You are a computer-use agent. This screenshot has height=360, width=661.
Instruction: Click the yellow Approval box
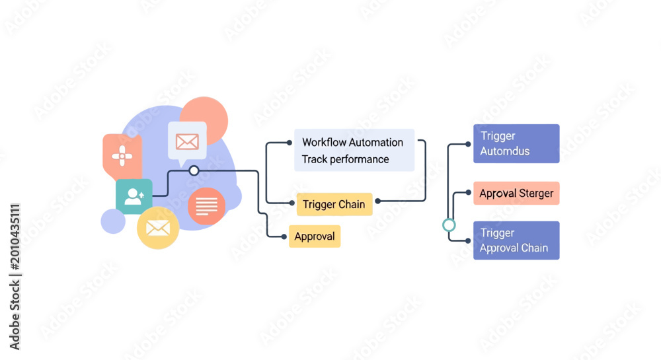(x=315, y=236)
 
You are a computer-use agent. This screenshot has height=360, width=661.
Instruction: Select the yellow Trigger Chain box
(x=334, y=204)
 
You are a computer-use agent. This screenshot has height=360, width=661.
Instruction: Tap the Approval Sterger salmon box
(x=516, y=194)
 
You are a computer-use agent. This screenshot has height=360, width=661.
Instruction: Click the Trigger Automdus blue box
(x=516, y=143)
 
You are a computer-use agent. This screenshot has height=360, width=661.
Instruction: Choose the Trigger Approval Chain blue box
(x=516, y=240)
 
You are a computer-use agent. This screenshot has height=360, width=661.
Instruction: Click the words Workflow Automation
(x=353, y=142)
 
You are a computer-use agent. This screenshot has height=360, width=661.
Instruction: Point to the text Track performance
(x=345, y=159)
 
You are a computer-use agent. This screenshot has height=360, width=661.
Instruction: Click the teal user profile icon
(x=134, y=196)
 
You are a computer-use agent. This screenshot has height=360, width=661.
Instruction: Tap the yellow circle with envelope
(x=158, y=228)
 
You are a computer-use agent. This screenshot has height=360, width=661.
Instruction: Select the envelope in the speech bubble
(x=187, y=142)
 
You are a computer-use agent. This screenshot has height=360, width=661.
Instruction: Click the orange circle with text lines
(x=206, y=206)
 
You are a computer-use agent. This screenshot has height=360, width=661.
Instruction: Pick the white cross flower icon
(x=122, y=156)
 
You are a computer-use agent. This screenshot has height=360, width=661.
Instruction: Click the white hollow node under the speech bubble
(x=194, y=170)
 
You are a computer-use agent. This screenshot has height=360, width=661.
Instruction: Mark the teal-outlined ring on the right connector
(x=449, y=225)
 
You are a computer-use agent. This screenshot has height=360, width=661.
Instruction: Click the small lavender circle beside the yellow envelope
(x=113, y=221)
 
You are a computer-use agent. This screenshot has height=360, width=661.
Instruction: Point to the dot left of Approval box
(x=284, y=236)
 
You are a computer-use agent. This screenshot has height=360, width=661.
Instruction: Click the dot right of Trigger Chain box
(x=377, y=201)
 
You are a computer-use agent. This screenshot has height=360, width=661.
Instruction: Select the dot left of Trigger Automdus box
(x=468, y=144)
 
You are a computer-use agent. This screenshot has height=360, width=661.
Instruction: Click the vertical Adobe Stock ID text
(x=15, y=277)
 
